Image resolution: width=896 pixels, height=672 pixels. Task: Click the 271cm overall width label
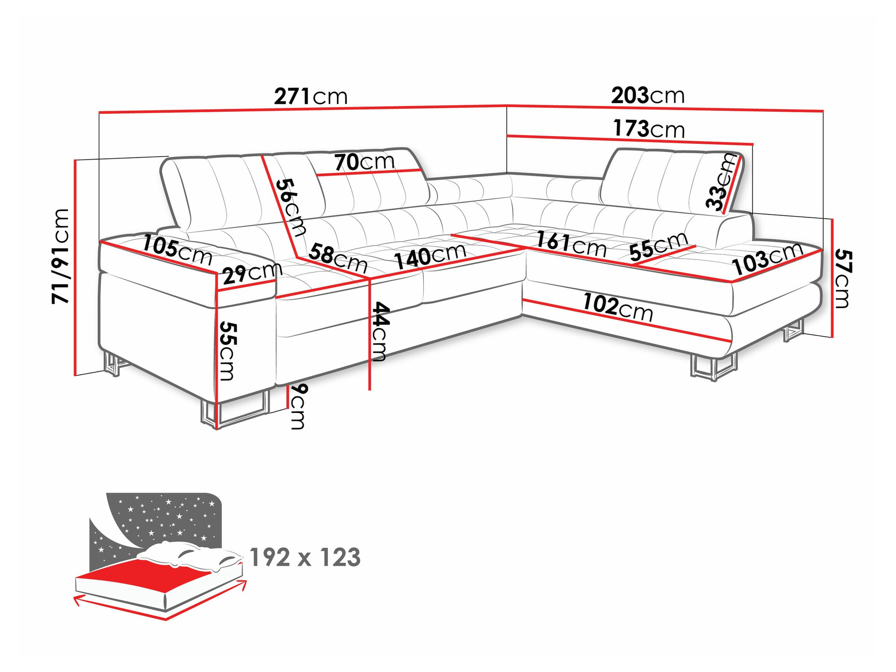point(310,96)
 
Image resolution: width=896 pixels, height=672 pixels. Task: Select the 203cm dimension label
point(648,95)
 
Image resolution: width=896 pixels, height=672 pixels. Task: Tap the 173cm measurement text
point(649,129)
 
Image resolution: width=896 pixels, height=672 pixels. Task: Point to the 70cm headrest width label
point(364,162)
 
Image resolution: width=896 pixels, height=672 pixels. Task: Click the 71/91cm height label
point(60,256)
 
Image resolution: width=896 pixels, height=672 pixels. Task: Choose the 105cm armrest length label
point(177,250)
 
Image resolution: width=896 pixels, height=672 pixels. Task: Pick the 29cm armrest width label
point(252,273)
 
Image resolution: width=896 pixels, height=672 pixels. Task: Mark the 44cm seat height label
point(380,332)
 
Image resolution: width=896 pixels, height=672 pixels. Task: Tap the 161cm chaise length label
point(571,244)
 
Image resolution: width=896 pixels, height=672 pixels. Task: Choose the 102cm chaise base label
point(617,307)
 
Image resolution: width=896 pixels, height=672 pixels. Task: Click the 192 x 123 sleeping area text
point(305,557)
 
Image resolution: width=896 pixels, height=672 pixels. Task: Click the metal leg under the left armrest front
point(233,410)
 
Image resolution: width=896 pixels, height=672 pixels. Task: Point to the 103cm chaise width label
point(767,259)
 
